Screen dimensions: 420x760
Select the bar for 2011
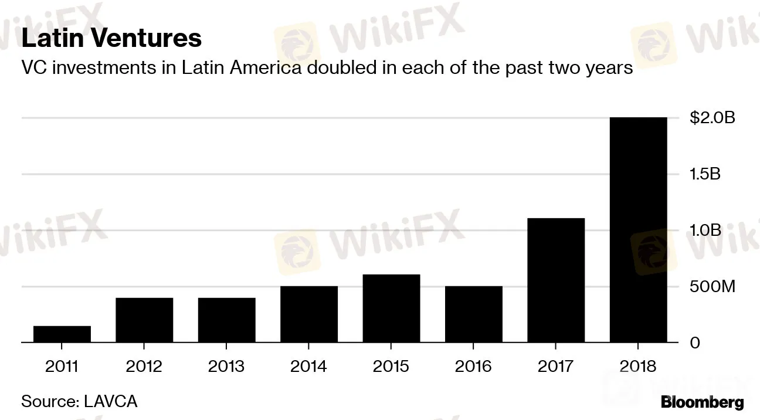coord(62,334)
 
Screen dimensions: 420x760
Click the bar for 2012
coord(144,320)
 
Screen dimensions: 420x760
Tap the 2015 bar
coord(391,308)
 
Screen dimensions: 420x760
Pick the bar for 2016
coord(473,314)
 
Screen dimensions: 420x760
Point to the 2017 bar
coord(556,280)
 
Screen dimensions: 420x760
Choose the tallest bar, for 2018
coord(638,229)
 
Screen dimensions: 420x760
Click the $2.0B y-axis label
coord(712,118)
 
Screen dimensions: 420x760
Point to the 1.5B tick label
coord(705,174)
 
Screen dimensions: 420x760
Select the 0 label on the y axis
coord(695,343)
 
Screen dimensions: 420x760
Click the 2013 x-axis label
coord(226,367)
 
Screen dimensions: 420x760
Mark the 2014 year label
coord(309,367)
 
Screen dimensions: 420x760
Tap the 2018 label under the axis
coord(638,367)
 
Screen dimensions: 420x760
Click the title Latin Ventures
coord(111,39)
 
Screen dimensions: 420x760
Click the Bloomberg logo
coord(702,402)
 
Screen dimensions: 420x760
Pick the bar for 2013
coord(226,320)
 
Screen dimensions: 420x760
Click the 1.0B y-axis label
coord(705,231)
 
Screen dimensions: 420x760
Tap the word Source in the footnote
coord(49,402)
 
